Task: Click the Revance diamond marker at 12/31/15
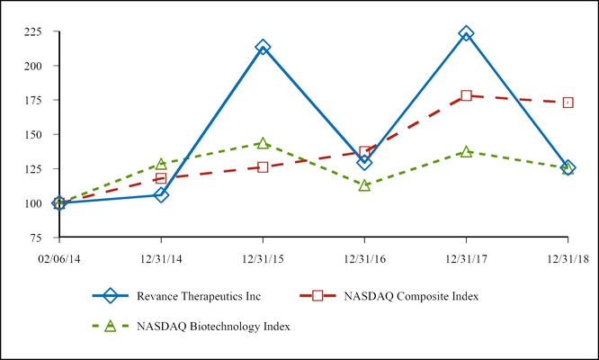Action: (263, 47)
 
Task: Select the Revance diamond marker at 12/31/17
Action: (466, 33)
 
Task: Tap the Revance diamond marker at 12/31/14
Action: (161, 194)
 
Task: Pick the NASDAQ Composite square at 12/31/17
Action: (466, 95)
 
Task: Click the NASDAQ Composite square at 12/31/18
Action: (568, 103)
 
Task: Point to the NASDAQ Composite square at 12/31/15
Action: (263, 167)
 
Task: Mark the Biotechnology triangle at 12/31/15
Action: (263, 143)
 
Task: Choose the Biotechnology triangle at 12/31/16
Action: (364, 184)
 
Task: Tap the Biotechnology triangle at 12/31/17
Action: (466, 152)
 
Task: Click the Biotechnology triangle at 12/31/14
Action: (161, 164)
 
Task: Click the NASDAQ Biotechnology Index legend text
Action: (213, 326)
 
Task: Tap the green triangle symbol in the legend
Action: (111, 326)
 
